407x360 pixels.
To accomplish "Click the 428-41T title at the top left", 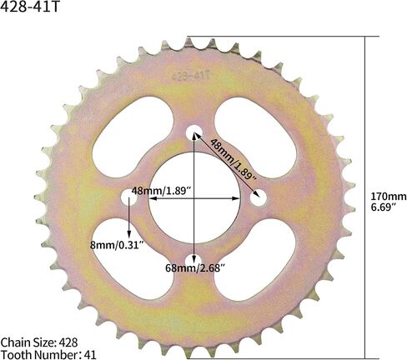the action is [x=30, y=7].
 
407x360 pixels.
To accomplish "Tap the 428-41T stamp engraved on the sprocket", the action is [x=191, y=76].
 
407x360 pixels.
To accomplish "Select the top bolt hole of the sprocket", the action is [x=193, y=132].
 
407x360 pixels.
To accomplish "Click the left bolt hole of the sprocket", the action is [x=129, y=197].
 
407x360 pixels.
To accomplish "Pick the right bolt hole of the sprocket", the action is [x=259, y=197].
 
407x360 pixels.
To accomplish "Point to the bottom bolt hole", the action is [x=193, y=259].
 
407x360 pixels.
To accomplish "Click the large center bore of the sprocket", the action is [x=194, y=197].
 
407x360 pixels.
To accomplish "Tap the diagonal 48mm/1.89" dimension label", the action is [x=233, y=159].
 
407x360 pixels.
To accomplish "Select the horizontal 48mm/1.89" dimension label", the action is [x=162, y=191].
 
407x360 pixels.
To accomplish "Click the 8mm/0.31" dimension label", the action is [x=117, y=245].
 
